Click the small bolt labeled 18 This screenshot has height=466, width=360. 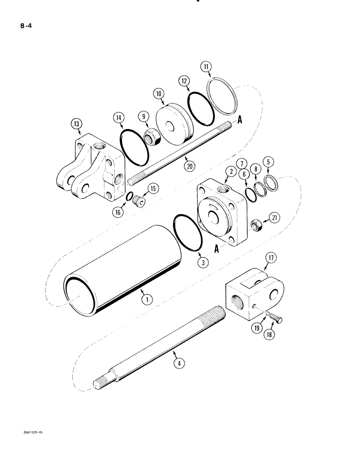tap(275, 320)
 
